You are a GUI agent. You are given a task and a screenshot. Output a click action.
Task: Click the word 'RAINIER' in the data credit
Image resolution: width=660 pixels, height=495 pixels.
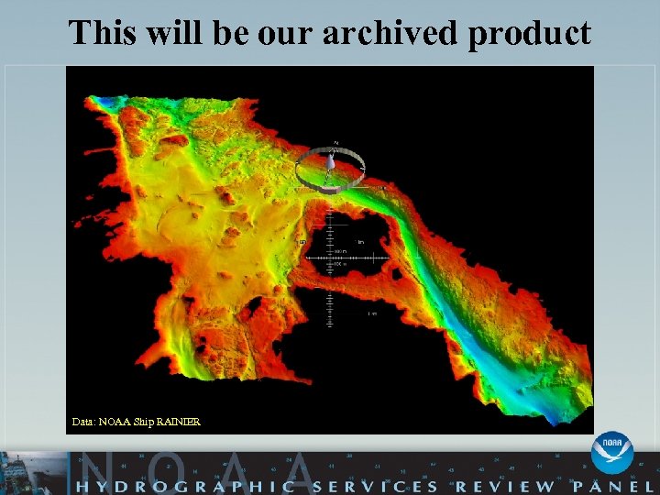[x=179, y=422]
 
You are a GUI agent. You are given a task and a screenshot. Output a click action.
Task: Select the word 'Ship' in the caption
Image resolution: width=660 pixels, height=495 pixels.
[x=144, y=422]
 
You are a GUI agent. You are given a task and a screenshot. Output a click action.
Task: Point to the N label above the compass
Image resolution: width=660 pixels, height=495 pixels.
[x=336, y=143]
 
